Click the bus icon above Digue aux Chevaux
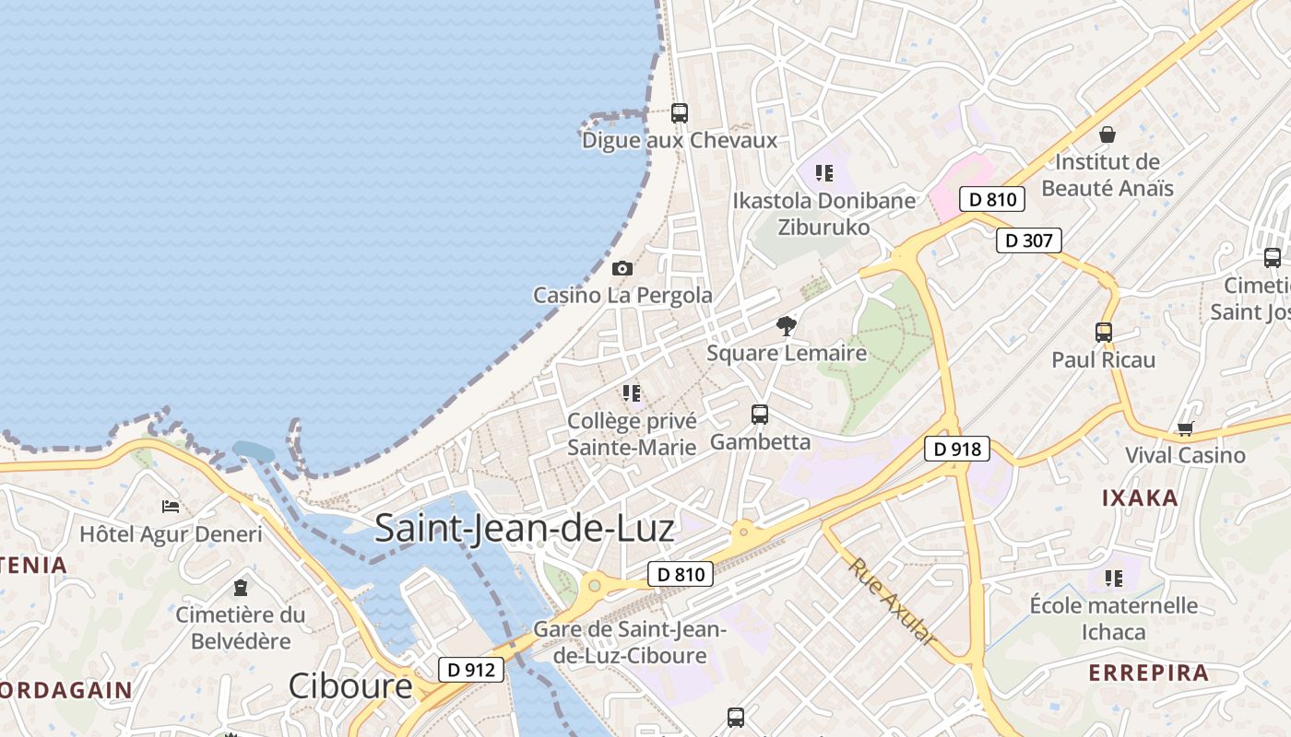[680, 113]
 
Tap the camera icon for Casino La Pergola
[622, 268]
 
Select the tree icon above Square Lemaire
[787, 325]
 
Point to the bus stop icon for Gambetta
[760, 415]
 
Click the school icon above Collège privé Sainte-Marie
[632, 394]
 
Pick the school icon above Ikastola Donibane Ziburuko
[824, 173]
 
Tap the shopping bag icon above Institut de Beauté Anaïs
[1107, 135]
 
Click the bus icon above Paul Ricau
[1104, 333]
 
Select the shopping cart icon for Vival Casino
[1185, 428]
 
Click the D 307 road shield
[1029, 240]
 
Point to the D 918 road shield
[957, 449]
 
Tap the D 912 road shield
[471, 670]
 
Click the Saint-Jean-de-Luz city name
[525, 529]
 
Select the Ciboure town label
[350, 686]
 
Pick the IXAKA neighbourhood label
[1141, 498]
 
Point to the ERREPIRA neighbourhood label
[1148, 673]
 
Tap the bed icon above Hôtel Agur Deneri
[171, 507]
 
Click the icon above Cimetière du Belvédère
[241, 587]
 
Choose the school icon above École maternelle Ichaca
[1114, 579]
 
